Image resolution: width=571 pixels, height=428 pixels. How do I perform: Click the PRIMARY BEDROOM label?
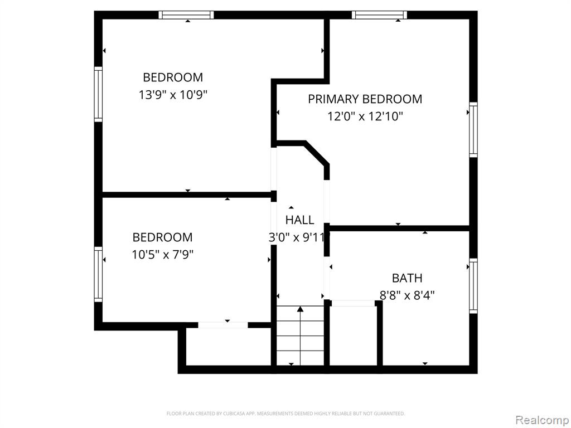point(365,99)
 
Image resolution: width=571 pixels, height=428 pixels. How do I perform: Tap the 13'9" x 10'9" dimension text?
point(173,95)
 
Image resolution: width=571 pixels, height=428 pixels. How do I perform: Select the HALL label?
point(299,220)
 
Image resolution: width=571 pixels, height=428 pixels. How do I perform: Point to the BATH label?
point(407,278)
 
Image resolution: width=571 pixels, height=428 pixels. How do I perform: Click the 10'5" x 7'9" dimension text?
point(162,254)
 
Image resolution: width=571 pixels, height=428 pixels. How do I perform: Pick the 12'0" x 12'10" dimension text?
point(365,117)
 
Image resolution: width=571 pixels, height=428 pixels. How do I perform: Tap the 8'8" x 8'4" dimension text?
point(407,295)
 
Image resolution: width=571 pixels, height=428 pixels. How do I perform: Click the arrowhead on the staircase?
point(300,309)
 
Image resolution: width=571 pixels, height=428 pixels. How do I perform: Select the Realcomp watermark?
point(543,420)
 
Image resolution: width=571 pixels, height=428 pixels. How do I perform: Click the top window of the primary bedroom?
point(379,15)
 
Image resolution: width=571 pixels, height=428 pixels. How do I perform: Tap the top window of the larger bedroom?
point(186,15)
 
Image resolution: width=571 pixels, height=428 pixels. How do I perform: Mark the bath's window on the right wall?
point(473,286)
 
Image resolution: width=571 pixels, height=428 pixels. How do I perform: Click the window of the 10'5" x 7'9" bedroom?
point(98,274)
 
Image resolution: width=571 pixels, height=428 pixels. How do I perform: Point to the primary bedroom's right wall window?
point(473,130)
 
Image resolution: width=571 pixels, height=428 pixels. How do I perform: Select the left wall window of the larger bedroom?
point(98,94)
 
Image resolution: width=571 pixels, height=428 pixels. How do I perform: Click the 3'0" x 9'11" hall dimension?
point(297,237)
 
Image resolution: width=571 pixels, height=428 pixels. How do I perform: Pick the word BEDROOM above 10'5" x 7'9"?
point(162,237)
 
